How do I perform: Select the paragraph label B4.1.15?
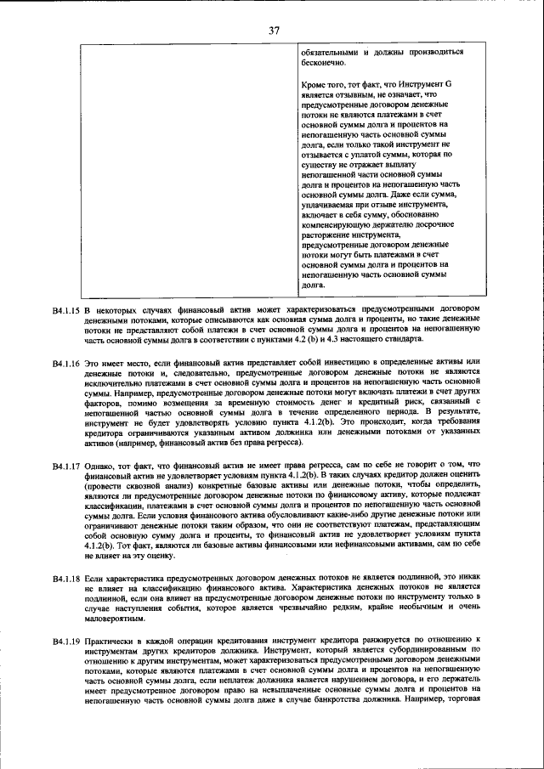click(65, 309)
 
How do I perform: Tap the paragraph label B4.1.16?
click(65, 363)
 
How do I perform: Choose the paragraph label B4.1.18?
click(65, 579)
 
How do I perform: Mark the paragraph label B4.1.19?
click(65, 639)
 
